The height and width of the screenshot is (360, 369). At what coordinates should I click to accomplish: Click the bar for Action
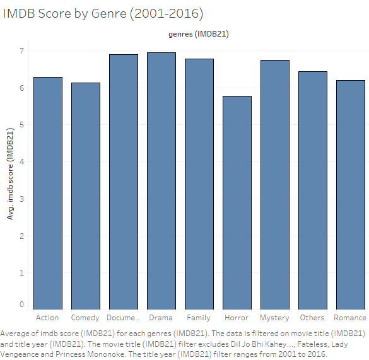click(48, 193)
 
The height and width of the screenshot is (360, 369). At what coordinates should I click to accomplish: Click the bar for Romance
click(350, 195)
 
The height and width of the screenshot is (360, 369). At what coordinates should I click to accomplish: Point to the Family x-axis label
click(199, 318)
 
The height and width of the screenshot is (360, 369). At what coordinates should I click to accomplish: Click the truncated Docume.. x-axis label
click(123, 318)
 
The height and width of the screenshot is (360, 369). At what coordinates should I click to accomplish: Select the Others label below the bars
click(312, 318)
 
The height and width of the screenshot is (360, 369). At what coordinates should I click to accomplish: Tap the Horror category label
click(237, 318)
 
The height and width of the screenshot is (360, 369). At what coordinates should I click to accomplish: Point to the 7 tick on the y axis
click(21, 51)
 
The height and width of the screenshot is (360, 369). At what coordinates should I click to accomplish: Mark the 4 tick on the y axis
click(21, 162)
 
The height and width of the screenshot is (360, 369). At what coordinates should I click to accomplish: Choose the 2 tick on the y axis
click(21, 236)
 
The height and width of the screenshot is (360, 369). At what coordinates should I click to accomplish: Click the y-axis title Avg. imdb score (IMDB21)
click(9, 173)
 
